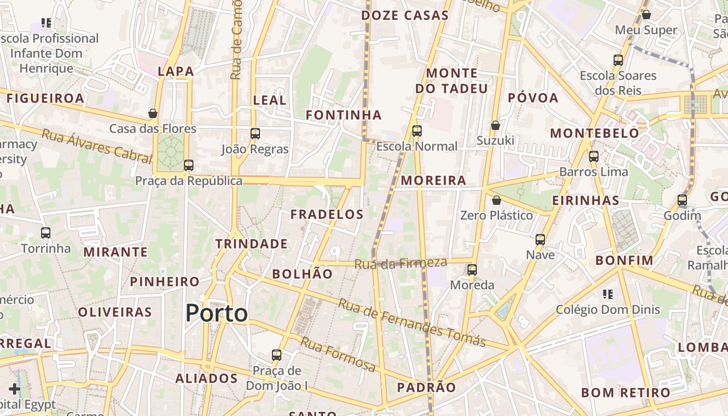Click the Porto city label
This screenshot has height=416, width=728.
(x=216, y=313)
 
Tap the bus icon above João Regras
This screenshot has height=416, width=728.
(x=255, y=134)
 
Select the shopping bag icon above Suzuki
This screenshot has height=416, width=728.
(x=496, y=125)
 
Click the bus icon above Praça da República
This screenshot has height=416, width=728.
(x=189, y=165)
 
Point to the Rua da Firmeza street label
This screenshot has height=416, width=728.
(x=400, y=263)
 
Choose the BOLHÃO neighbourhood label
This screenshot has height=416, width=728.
(x=302, y=274)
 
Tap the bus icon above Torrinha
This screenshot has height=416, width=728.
(x=46, y=233)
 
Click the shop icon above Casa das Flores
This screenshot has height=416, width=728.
(x=153, y=113)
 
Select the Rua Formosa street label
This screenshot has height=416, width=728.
(x=338, y=355)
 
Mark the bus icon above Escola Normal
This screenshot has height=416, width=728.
(x=417, y=131)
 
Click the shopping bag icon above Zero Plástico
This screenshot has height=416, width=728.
(x=497, y=200)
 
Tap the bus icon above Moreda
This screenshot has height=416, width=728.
(x=472, y=270)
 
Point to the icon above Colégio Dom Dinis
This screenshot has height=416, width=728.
(x=607, y=294)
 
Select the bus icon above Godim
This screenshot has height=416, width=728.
(x=682, y=200)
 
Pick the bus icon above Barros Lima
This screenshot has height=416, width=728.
(x=594, y=157)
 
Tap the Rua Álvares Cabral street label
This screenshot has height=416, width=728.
(x=97, y=146)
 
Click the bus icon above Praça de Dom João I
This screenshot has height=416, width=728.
(x=277, y=356)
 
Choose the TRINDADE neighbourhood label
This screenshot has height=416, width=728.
(x=252, y=244)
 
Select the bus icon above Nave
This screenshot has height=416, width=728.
(x=540, y=240)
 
